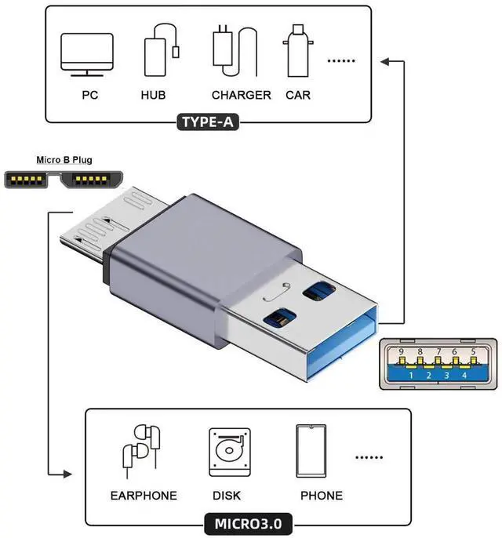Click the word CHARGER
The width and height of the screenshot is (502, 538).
point(241,95)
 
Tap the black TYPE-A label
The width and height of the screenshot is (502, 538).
point(209,122)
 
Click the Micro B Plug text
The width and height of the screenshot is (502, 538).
point(64,160)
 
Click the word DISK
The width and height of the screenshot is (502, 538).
point(227,496)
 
